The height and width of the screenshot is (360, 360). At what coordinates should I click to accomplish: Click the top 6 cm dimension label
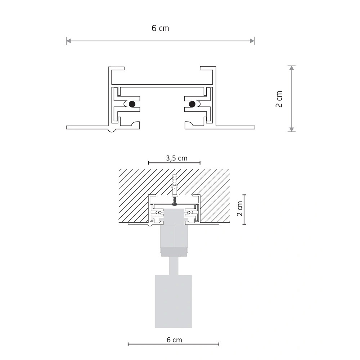(160, 28)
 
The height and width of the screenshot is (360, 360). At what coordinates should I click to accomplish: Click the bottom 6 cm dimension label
(174, 340)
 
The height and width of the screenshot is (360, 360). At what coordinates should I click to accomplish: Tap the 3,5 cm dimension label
(176, 158)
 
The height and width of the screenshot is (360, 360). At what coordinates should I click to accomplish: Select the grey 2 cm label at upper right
(279, 99)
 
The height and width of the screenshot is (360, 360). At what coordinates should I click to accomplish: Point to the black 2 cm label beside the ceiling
(240, 208)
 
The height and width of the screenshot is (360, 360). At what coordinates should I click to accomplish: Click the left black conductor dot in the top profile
(132, 104)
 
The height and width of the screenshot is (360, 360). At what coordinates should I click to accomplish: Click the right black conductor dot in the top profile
(192, 104)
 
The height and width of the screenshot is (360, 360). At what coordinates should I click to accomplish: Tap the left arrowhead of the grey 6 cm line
(68, 41)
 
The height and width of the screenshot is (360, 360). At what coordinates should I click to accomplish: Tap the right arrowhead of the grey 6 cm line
(252, 41)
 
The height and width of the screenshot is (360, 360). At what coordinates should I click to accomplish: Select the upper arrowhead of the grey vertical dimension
(292, 68)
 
